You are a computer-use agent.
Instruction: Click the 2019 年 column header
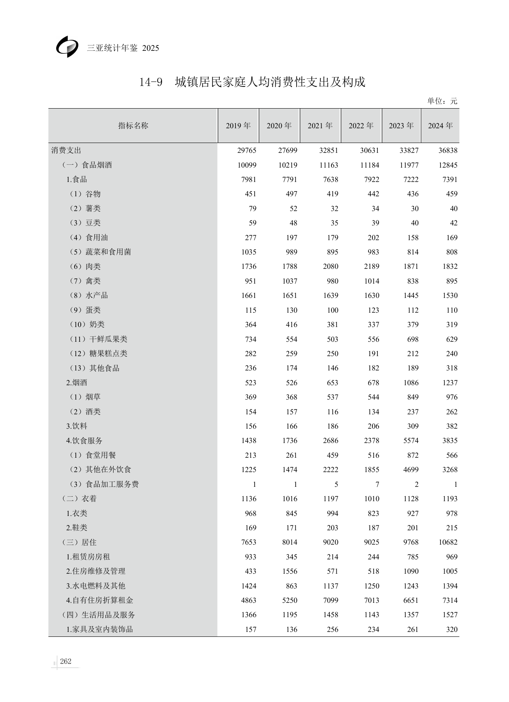[x=238, y=126]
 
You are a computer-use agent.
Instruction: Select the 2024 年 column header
[x=440, y=126]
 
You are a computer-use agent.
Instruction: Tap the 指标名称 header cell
[x=133, y=126]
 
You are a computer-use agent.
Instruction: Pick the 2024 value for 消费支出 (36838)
[x=447, y=150]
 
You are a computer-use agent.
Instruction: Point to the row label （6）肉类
[x=85, y=266]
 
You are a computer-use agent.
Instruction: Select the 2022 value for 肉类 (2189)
[x=371, y=266]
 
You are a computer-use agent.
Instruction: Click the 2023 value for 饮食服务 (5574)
[x=411, y=441]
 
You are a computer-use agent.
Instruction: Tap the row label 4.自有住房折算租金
[x=100, y=600]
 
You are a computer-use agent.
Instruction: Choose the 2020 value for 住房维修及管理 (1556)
[x=290, y=571]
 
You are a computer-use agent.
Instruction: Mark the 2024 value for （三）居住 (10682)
[x=447, y=542]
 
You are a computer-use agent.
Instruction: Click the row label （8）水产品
[x=89, y=295]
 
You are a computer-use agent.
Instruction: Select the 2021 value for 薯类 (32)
[x=334, y=209]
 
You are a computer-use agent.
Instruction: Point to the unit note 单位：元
[x=442, y=101]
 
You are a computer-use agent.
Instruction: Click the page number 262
[x=66, y=661]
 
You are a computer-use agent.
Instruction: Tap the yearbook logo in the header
[x=67, y=46]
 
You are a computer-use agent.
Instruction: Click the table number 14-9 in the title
[x=151, y=82]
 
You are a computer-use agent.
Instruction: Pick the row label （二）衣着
[x=79, y=499]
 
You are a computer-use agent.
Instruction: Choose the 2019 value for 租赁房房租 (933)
[x=250, y=557]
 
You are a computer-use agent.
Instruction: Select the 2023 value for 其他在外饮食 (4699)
[x=411, y=470]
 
